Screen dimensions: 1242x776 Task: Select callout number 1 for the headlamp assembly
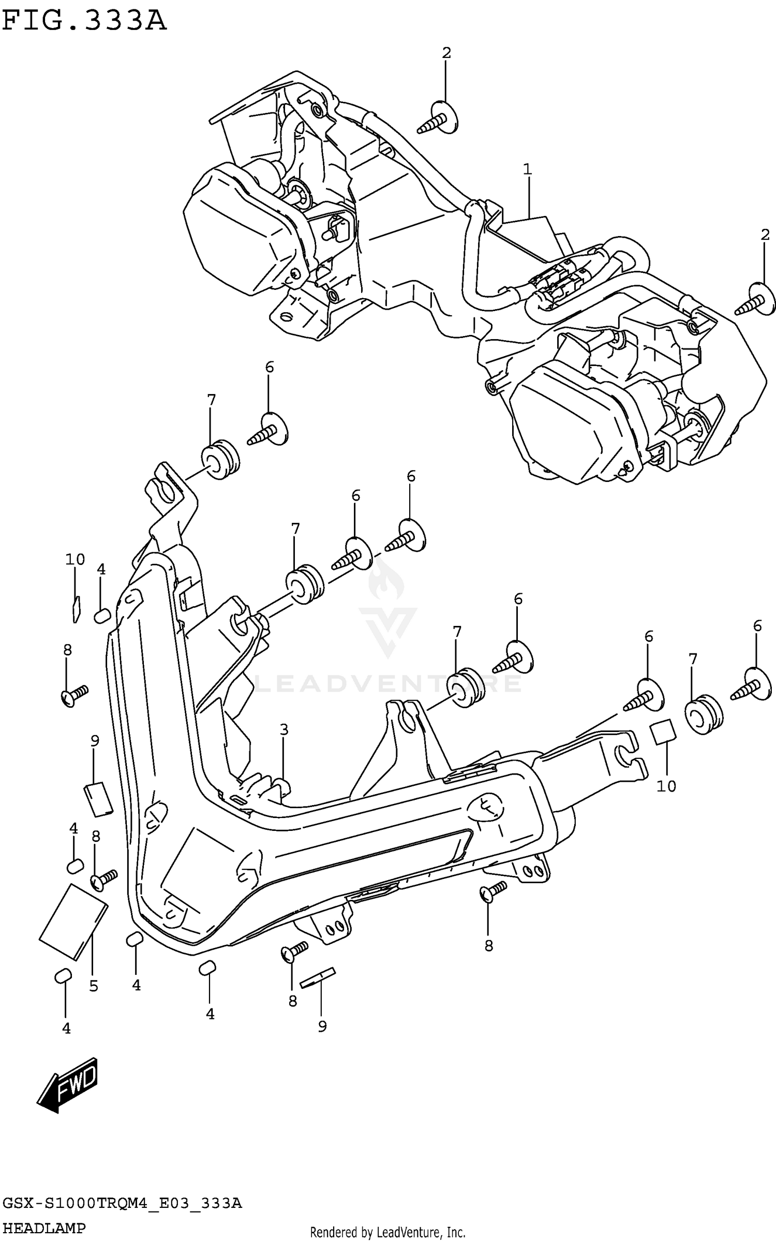coord(527,169)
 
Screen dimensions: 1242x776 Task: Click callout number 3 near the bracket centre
coord(283,730)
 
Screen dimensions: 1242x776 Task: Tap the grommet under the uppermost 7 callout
coord(220,459)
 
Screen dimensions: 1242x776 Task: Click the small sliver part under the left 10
coord(76,608)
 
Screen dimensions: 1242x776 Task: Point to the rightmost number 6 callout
coord(757,626)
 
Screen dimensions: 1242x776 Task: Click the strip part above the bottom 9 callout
coord(318,976)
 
